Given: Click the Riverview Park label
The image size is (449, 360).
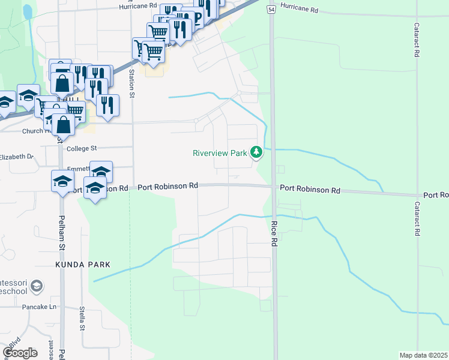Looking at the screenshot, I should pyautogui.click(x=220, y=153).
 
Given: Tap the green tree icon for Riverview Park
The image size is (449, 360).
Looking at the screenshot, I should pyautogui.click(x=257, y=152).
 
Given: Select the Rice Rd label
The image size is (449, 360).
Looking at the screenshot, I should pyautogui.click(x=274, y=234).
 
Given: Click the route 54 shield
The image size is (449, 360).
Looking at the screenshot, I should pyautogui.click(x=271, y=10).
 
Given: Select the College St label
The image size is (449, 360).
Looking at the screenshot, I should pyautogui.click(x=82, y=148).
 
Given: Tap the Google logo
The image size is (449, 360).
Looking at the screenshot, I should pyautogui.click(x=20, y=352).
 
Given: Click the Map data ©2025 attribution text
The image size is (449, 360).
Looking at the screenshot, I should pyautogui.click(x=423, y=355).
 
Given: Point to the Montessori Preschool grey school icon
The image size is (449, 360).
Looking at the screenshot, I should pyautogui.click(x=37, y=285).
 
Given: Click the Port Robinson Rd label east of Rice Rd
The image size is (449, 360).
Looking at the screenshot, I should pyautogui.click(x=310, y=190).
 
